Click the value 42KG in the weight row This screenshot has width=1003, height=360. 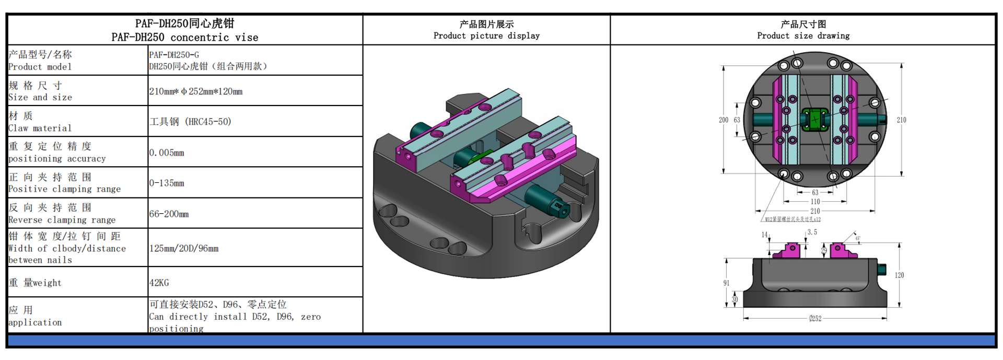tap(159, 283)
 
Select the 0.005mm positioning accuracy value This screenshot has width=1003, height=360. tap(167, 153)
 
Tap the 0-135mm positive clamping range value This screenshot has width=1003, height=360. tap(167, 183)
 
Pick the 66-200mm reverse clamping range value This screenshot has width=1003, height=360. tap(169, 214)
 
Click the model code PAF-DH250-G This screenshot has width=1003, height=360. tap(174, 55)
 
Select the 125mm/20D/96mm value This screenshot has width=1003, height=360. tap(184, 248)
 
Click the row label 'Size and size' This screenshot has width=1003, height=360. tap(40, 97)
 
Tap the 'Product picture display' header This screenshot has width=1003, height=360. tap(486, 36)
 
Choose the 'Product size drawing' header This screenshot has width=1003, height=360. tap(803, 36)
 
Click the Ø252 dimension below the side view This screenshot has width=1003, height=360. tap(815, 318)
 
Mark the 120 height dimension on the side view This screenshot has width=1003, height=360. tap(899, 275)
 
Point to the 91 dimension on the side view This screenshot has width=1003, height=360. tap(726, 283)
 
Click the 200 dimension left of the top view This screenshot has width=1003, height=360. tap(723, 120)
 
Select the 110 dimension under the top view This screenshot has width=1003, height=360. tap(815, 202)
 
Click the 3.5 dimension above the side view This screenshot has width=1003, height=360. tap(812, 232)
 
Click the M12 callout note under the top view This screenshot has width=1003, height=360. tap(792, 219)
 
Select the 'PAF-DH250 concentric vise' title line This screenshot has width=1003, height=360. tap(185, 37)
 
